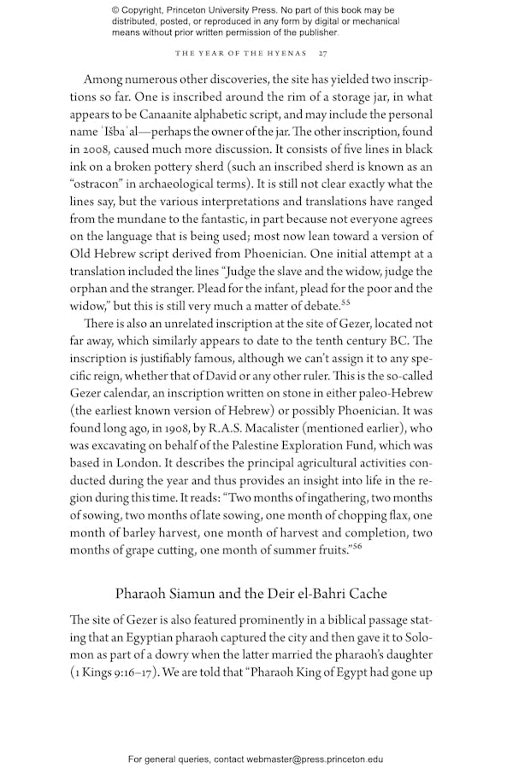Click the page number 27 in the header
(x=322, y=54)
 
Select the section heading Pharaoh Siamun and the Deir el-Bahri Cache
(x=256, y=593)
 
